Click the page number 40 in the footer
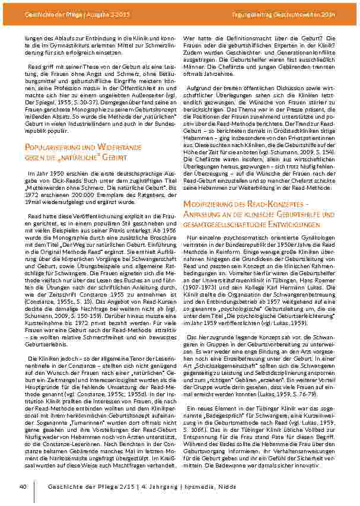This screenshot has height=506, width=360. (23, 486)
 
